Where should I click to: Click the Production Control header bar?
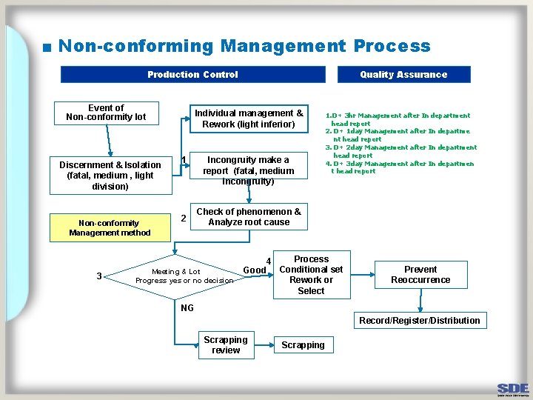[192, 74]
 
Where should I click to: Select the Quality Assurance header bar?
[403, 74]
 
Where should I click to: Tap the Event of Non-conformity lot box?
[106, 112]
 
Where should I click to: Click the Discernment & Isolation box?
[110, 176]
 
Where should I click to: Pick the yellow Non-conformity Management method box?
[110, 227]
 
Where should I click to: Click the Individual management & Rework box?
[248, 119]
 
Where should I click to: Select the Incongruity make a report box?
[248, 170]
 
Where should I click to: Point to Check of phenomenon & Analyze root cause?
[249, 217]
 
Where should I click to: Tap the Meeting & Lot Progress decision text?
[184, 276]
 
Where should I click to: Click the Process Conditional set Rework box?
[311, 276]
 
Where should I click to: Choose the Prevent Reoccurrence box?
[420, 275]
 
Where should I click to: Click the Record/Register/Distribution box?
[419, 321]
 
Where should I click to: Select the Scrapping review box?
[226, 345]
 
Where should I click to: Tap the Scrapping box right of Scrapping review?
[303, 345]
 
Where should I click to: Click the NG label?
[187, 308]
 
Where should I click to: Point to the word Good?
[255, 270]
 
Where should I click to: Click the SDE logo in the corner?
[512, 389]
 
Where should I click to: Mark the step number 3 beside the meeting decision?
[99, 276]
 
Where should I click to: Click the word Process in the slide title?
[392, 46]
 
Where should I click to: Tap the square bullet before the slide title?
[47, 48]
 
